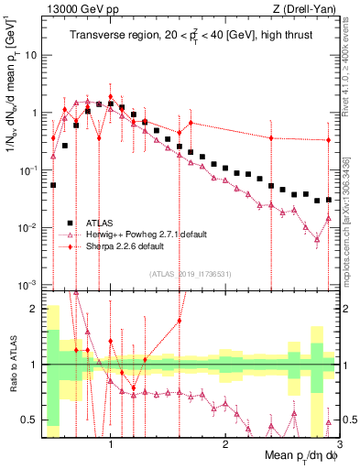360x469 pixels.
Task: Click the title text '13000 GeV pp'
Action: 74,9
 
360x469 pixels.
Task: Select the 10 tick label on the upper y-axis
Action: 30,55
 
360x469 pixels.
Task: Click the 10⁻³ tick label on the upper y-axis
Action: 28,284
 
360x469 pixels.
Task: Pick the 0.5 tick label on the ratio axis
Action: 30,420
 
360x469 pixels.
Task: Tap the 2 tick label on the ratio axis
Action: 34,309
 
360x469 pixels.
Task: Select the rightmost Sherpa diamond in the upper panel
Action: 328,140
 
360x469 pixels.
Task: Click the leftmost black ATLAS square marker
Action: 53,184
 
